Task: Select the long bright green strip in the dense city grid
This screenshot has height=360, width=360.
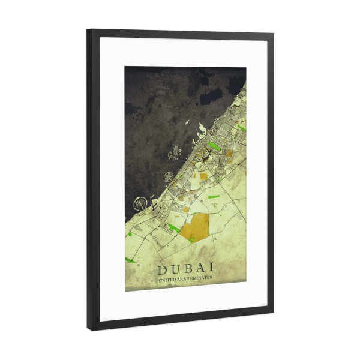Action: tap(214, 146)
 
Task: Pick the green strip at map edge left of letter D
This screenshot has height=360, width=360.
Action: tap(128, 260)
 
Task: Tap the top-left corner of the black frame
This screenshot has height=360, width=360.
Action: tap(88, 30)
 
